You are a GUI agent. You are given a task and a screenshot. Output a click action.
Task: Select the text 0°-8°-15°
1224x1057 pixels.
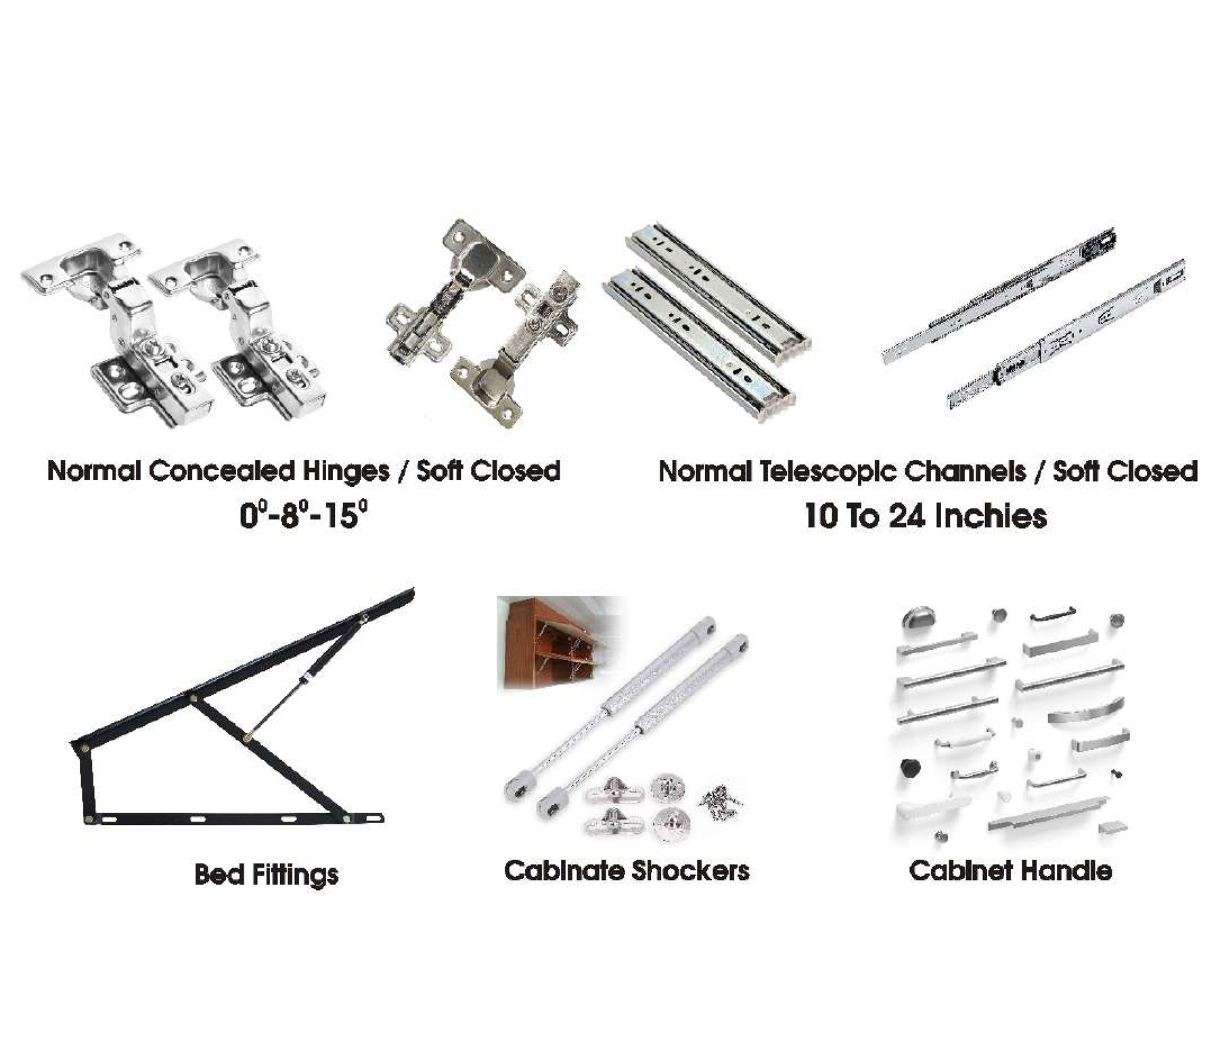[x=304, y=515]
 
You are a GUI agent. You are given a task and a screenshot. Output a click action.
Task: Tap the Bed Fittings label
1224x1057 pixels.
[x=266, y=874]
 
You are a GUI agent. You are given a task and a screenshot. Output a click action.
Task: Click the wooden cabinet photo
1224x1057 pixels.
[x=559, y=642]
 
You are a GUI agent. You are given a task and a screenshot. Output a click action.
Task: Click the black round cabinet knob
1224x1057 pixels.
[x=911, y=768]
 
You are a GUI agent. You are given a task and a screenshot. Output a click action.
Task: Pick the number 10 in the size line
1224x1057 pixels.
[x=821, y=516]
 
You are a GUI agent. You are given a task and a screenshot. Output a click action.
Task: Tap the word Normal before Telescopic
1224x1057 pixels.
[x=705, y=471]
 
